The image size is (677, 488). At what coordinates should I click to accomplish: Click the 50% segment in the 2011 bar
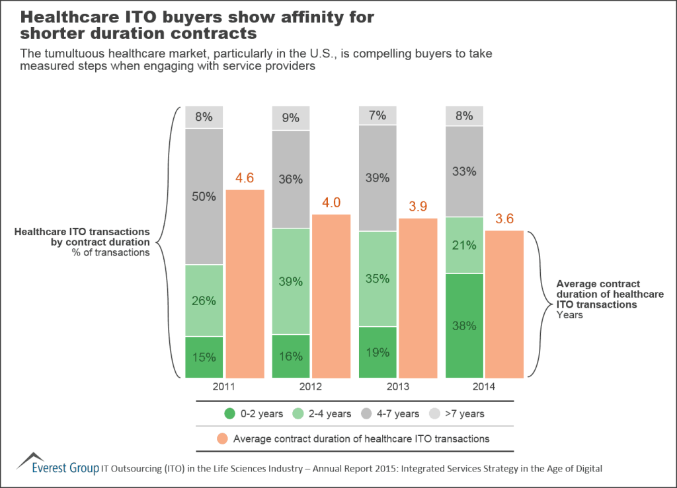click(204, 196)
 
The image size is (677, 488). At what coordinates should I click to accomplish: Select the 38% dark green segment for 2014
click(465, 326)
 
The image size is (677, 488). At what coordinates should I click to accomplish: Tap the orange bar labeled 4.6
click(245, 284)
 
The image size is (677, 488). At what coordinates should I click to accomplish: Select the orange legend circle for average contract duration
click(223, 438)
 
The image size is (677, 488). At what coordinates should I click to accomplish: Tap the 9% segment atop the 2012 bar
click(291, 118)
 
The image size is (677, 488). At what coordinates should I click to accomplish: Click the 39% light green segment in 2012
click(291, 281)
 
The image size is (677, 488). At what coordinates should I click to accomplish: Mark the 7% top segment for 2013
click(378, 116)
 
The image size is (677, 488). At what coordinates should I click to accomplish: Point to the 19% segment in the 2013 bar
click(378, 352)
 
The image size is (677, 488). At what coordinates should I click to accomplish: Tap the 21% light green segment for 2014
click(465, 245)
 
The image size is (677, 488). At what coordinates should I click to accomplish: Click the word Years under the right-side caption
click(569, 315)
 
